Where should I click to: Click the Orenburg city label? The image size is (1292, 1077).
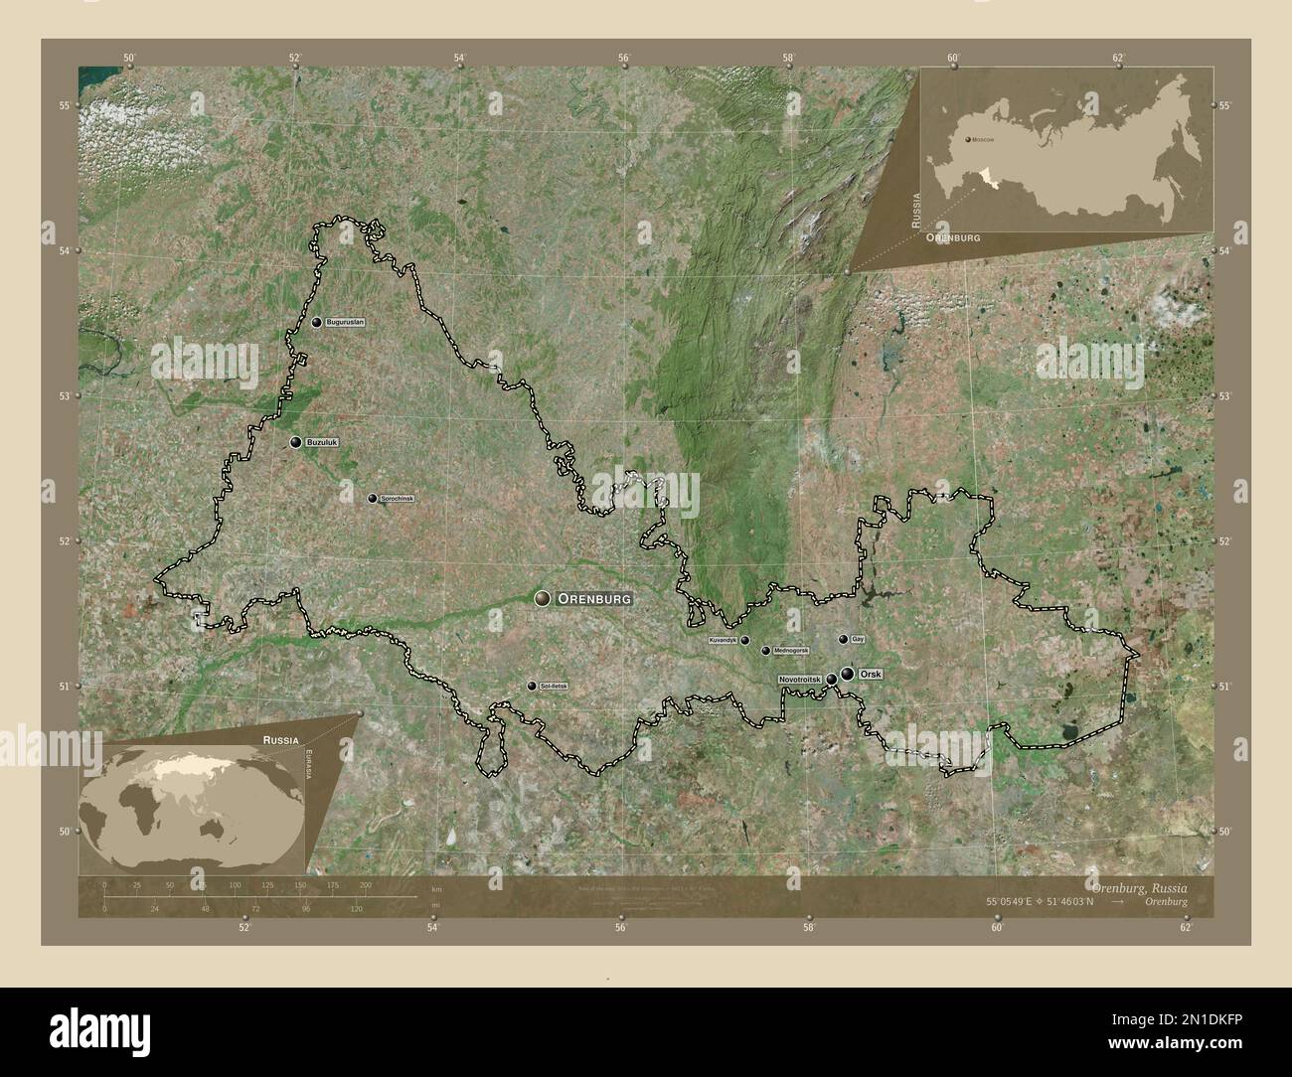click(x=594, y=599)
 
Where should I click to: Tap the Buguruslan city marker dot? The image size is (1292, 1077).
click(x=316, y=323)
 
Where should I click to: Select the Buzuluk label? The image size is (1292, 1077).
click(x=323, y=443)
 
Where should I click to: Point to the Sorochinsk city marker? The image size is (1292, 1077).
click(x=372, y=498)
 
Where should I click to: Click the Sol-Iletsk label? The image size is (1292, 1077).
click(x=555, y=687)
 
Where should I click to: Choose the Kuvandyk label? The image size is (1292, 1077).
click(x=723, y=641)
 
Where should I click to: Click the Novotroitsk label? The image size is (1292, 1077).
click(x=800, y=679)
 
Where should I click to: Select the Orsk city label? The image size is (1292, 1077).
click(x=870, y=675)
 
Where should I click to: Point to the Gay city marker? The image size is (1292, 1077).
click(x=843, y=640)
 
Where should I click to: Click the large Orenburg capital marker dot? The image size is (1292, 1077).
click(x=542, y=598)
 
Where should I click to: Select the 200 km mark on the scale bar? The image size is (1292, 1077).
click(x=365, y=884)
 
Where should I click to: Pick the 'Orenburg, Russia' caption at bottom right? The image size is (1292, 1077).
click(x=1137, y=886)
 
